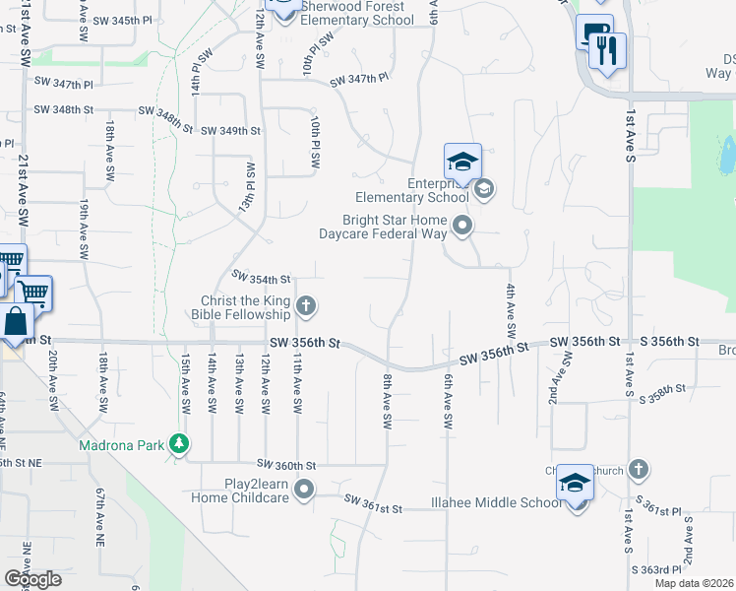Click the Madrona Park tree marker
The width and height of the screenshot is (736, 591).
[x=178, y=444]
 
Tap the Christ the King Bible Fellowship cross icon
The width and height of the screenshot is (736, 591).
[x=306, y=306]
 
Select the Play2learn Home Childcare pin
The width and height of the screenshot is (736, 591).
[x=305, y=489]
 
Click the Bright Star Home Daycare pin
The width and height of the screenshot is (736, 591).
[x=462, y=228]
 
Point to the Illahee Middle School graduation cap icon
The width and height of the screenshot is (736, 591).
[x=575, y=483]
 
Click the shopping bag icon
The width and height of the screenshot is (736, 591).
[x=17, y=321]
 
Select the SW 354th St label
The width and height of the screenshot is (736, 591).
[x=261, y=280]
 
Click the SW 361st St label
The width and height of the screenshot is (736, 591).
[x=374, y=508]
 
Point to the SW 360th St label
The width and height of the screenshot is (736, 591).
[x=286, y=463]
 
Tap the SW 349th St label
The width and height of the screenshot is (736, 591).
[x=230, y=130]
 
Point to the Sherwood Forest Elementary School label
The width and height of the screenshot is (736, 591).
[x=359, y=13]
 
